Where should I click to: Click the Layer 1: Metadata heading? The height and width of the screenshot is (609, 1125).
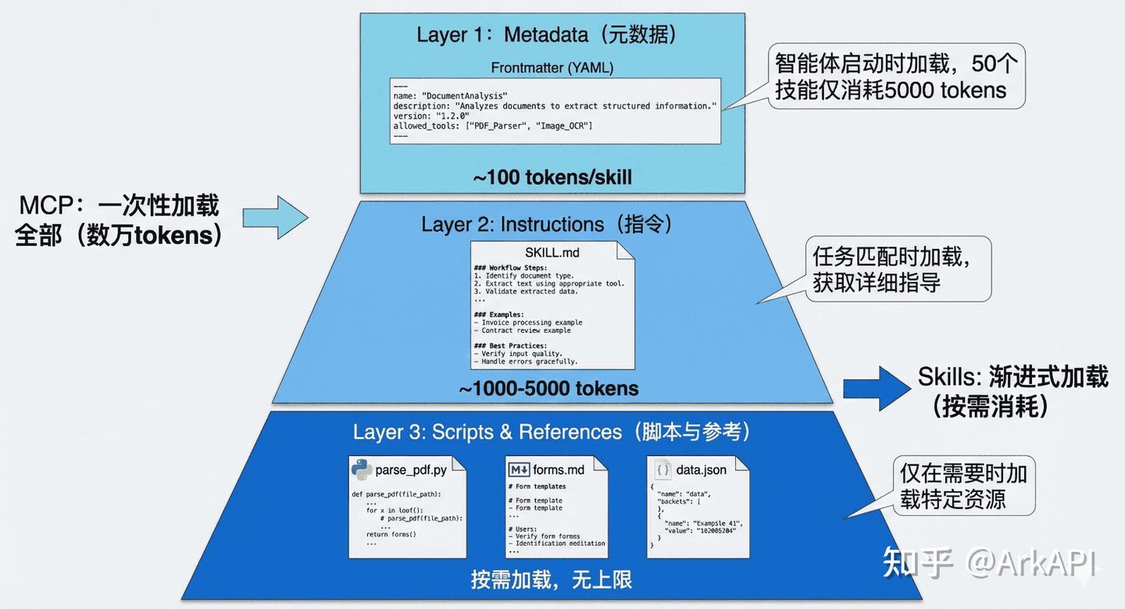coord(546,34)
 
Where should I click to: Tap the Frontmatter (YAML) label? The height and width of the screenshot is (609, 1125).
coord(552,68)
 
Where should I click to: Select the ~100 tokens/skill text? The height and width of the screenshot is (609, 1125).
coord(552,177)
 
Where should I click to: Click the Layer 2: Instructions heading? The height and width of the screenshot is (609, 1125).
coord(547,225)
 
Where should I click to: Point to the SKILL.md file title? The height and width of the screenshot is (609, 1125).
coord(552,252)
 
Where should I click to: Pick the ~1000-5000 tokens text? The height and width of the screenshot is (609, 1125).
coord(548,388)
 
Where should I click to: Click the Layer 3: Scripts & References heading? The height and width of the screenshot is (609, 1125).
coord(552,432)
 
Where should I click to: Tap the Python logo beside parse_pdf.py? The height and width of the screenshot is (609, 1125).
coord(361,469)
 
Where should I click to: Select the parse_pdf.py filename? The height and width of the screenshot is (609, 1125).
coord(411,470)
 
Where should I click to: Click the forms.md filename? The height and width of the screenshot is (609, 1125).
coord(559,470)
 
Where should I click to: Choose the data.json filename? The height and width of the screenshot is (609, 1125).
coord(701,470)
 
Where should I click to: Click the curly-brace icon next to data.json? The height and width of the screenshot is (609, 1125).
coord(662,470)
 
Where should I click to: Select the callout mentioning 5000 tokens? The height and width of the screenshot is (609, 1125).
coord(891,77)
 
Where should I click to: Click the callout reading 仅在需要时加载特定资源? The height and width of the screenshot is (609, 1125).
coord(963,486)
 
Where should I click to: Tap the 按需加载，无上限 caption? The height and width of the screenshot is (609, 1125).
coord(551,579)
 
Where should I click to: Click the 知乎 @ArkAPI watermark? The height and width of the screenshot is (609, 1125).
coord(989,562)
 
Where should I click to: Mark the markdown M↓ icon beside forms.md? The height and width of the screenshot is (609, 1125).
coord(519,470)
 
